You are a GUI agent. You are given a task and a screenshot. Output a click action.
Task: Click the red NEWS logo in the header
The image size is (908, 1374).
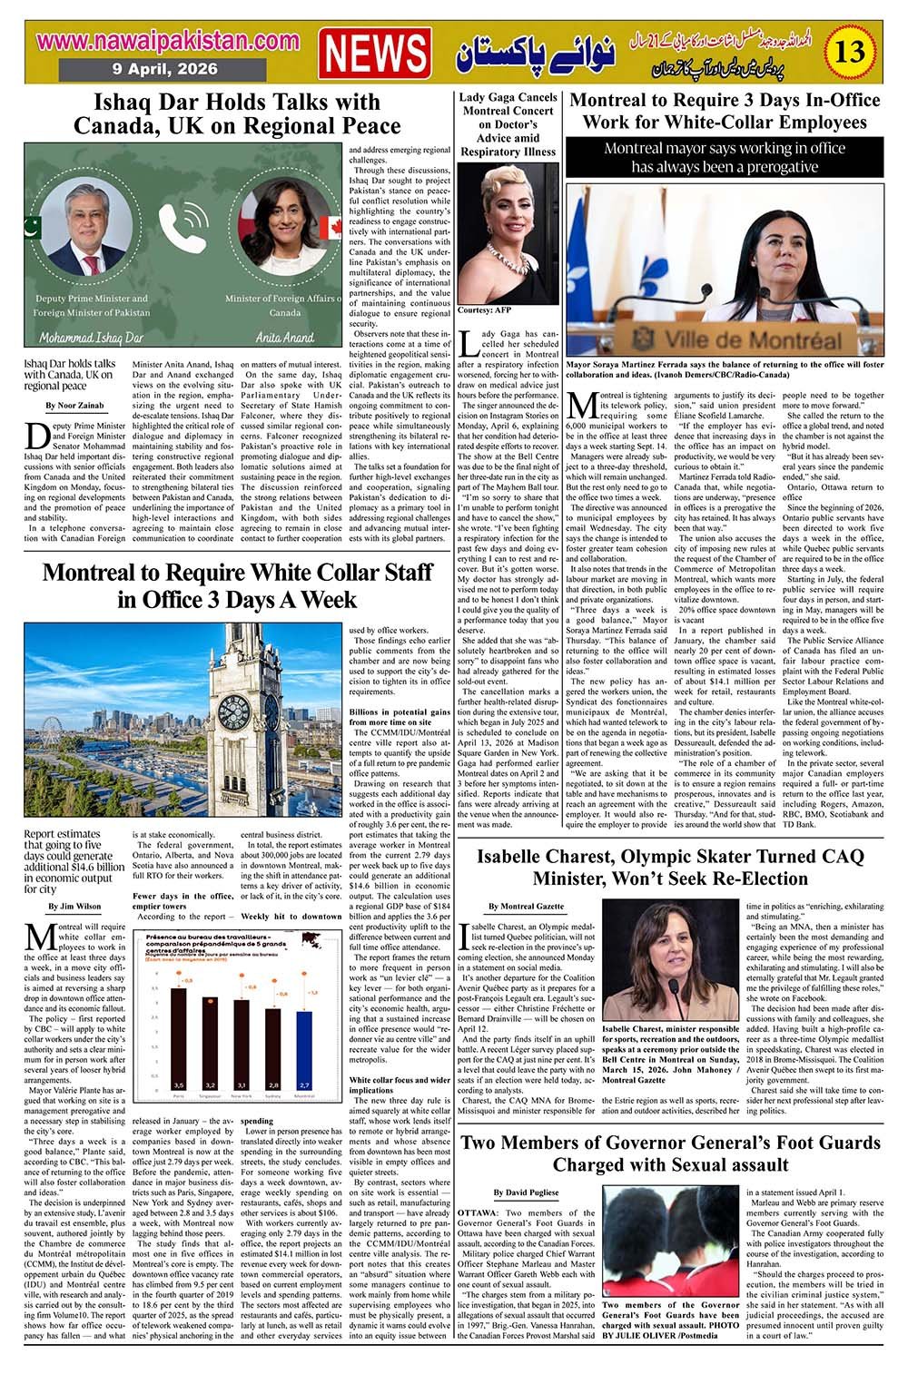(x=376, y=52)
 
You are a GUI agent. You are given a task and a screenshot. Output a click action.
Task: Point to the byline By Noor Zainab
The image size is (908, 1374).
(x=74, y=405)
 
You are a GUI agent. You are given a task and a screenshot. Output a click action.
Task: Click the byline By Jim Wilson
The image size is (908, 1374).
(x=74, y=906)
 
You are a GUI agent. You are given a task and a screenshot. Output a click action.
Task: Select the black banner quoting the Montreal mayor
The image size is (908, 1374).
(x=725, y=157)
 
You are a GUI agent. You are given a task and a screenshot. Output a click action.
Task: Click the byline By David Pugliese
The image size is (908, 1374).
(x=526, y=1192)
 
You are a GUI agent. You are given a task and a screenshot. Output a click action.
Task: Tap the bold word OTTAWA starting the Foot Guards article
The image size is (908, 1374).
(x=477, y=1212)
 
